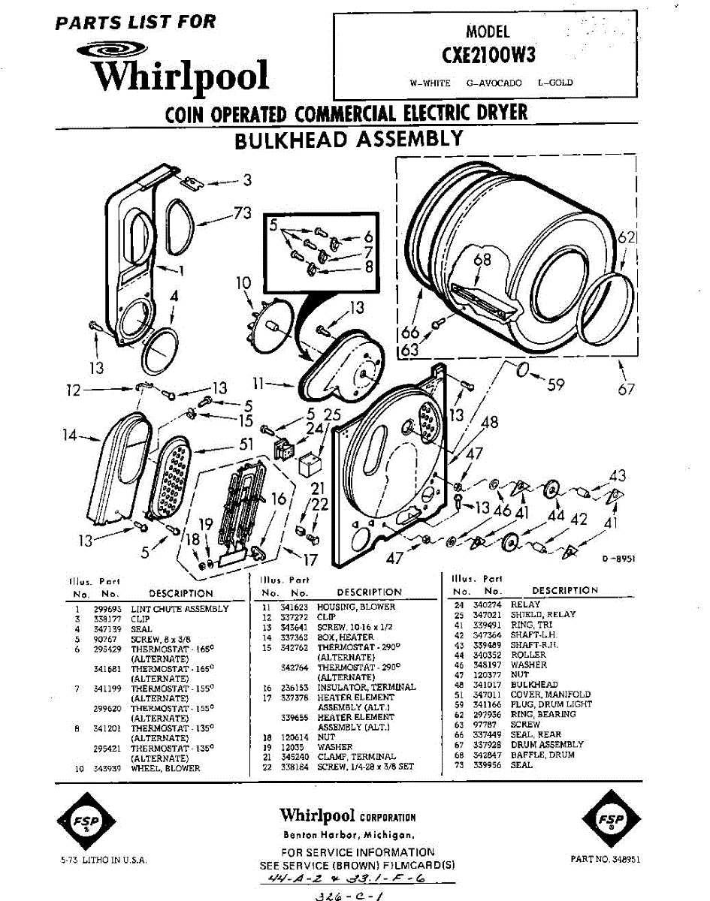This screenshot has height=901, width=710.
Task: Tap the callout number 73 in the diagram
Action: point(242,213)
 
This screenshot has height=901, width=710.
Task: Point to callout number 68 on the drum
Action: point(482,261)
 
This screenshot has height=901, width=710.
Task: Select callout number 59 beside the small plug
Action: point(555,384)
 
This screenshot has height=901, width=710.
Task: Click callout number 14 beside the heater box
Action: point(70,435)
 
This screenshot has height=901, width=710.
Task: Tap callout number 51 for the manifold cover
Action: point(246,444)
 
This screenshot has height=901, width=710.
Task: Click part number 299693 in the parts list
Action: point(103,609)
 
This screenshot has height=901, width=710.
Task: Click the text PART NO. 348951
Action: point(606,858)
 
